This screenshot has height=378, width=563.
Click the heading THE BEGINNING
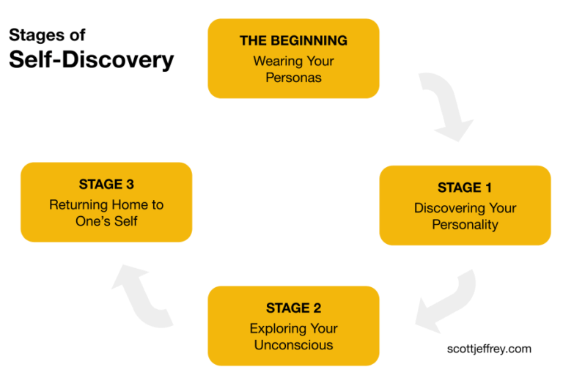[293, 40]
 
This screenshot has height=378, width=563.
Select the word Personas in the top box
[293, 78]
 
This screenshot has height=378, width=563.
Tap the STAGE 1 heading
[465, 188]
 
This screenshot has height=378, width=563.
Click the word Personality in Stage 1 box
[465, 224]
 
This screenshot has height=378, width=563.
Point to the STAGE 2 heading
[293, 308]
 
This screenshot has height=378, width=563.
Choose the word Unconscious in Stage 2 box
[293, 345]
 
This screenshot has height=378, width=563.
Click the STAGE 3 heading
[106, 184]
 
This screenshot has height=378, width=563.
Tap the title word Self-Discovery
[91, 59]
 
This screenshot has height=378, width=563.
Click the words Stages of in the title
[47, 34]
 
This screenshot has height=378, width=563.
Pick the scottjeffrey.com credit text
[489, 349]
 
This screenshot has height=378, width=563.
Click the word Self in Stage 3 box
[125, 220]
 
